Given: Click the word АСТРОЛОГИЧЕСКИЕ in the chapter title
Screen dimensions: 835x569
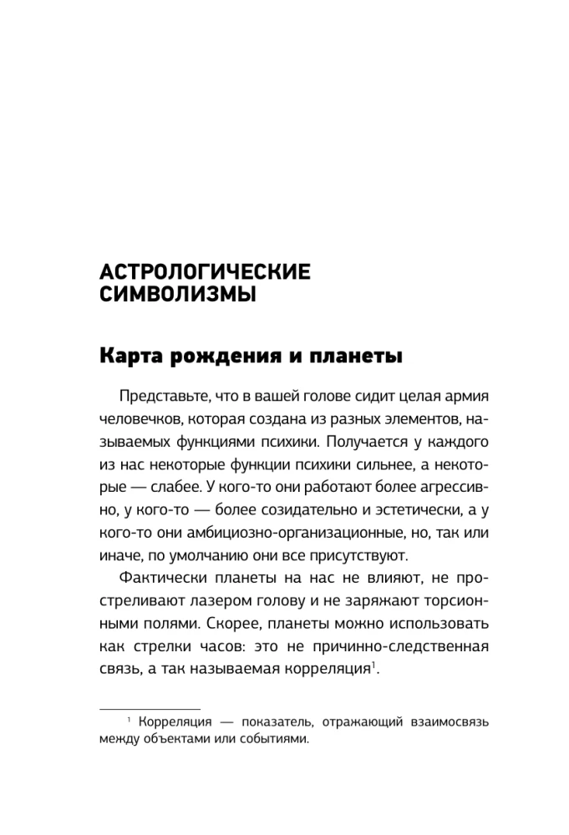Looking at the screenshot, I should pos(205,272).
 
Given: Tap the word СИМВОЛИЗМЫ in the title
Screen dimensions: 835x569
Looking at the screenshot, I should pos(177,296).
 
